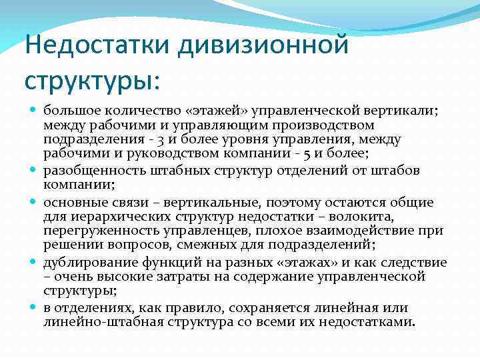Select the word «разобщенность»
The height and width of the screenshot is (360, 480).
pos(86,169)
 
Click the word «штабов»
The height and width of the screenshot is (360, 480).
pos(397,169)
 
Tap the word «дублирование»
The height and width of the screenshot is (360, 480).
pos(80,261)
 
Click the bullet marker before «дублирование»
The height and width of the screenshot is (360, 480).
pos(33,262)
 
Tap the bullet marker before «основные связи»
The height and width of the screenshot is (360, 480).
pos(33,201)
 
